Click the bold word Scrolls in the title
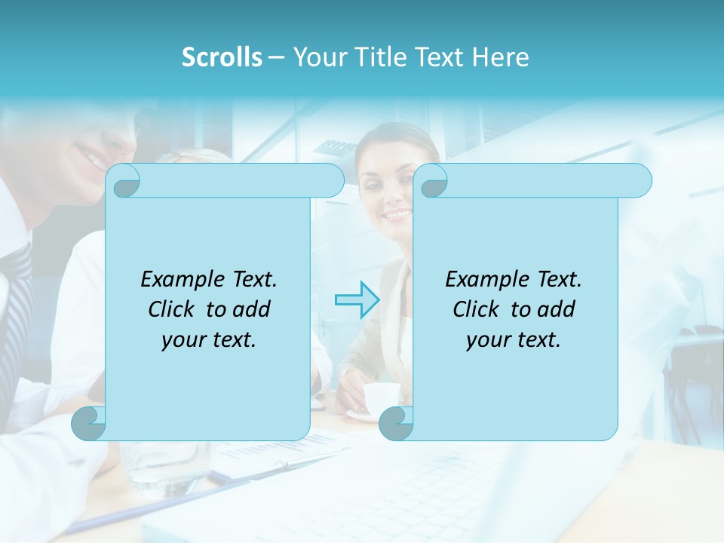point(222,57)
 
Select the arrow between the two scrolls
point(357,299)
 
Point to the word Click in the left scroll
point(174,309)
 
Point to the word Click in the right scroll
point(479,309)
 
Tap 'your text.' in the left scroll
point(209,339)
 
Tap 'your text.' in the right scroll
point(514,339)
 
